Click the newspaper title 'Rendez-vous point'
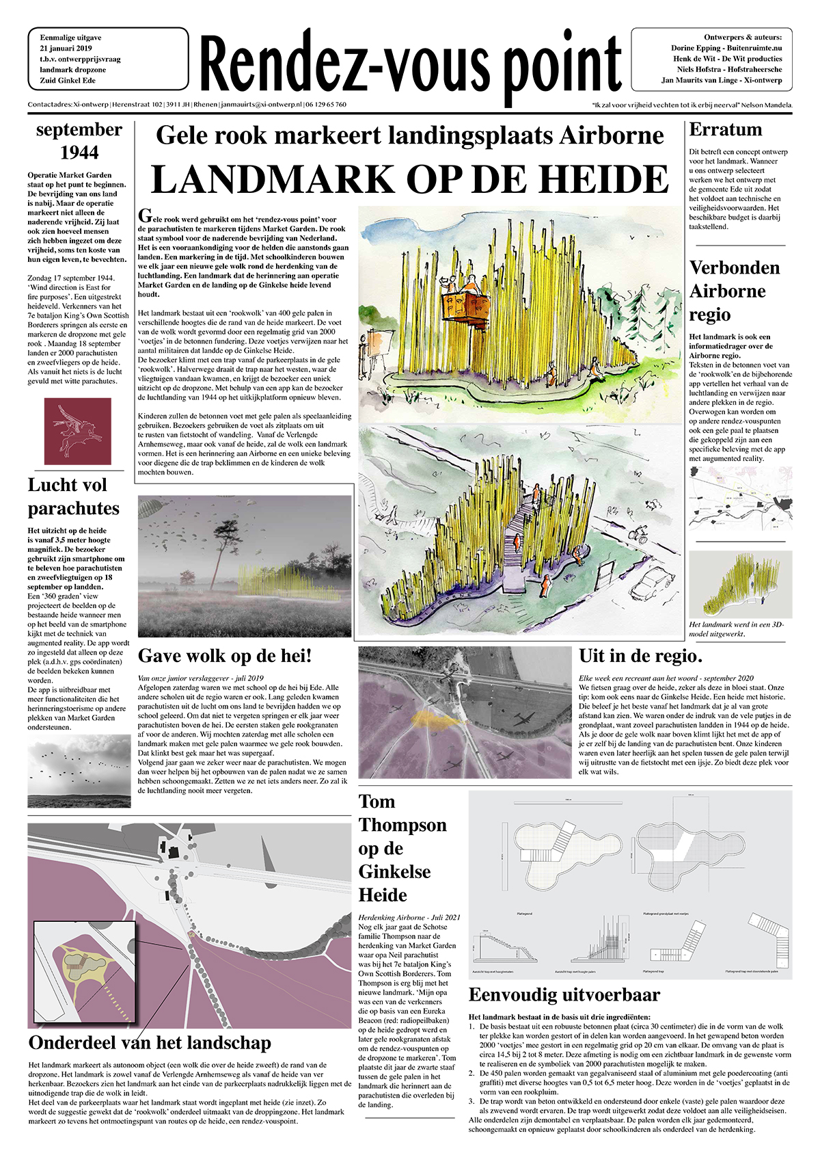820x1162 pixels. [x=410, y=65]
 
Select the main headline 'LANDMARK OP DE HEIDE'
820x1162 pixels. [x=409, y=179]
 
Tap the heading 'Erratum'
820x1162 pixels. [x=725, y=130]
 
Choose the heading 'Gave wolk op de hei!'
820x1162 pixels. [x=225, y=656]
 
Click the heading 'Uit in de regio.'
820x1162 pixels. [x=640, y=657]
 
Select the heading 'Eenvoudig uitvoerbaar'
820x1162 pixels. [x=564, y=994]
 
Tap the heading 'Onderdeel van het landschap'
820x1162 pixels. [x=150, y=1043]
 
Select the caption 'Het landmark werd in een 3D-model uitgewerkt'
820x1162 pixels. [x=737, y=629]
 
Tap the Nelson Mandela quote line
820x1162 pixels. [x=692, y=105]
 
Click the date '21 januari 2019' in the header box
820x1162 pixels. [x=66, y=49]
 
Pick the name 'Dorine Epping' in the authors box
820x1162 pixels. [x=695, y=49]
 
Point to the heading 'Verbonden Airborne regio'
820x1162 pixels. [x=734, y=291]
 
